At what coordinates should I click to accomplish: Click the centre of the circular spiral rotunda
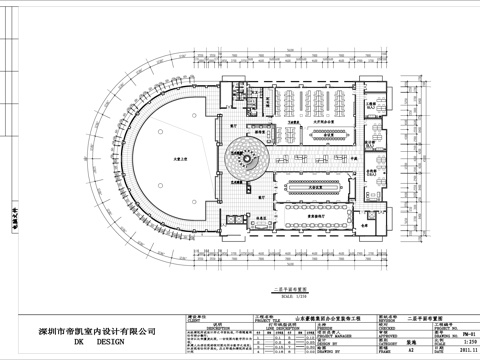point(244,158)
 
